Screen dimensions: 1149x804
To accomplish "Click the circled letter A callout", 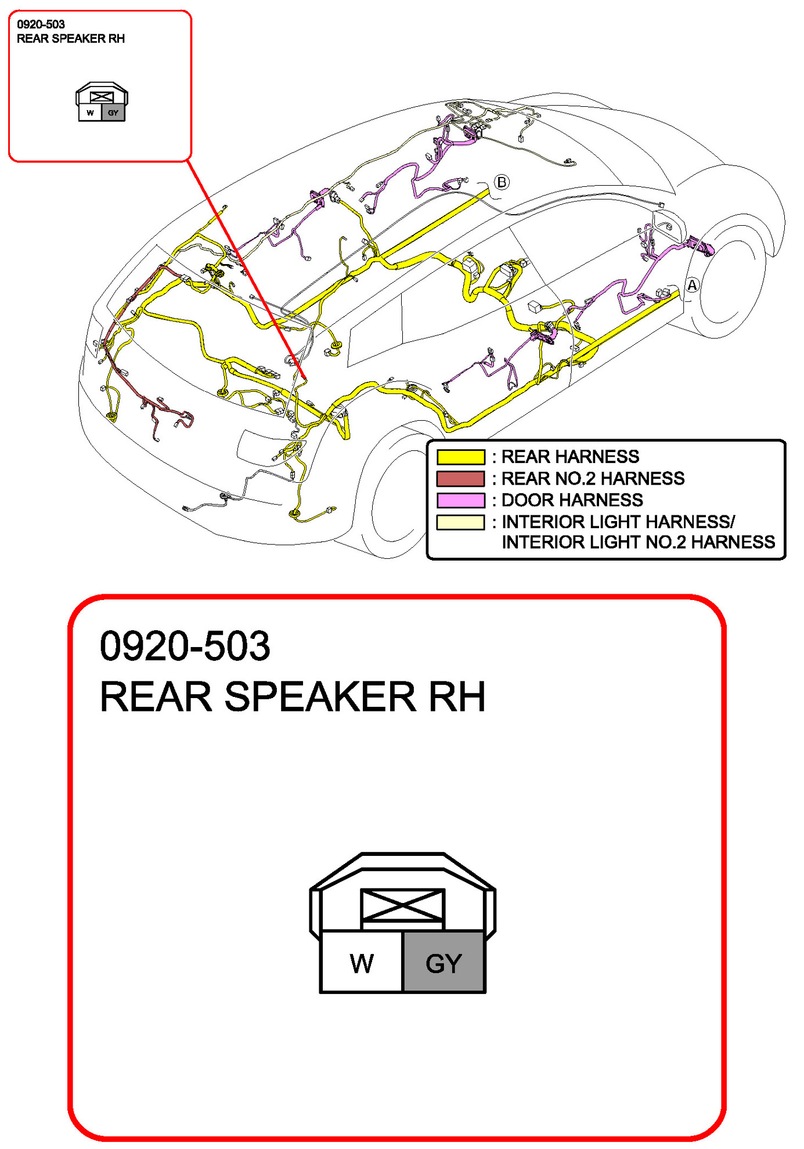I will (x=692, y=286).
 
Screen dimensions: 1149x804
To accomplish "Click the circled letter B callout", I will (x=502, y=182).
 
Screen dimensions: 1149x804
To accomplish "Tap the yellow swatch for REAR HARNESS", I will (x=460, y=457).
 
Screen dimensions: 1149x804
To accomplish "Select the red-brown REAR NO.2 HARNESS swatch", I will (x=460, y=479).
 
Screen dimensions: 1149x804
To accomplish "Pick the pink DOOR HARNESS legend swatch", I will (x=460, y=500).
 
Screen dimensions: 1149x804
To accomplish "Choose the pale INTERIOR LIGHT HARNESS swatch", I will (x=460, y=522).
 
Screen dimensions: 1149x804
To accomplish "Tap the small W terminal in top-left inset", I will (x=90, y=113).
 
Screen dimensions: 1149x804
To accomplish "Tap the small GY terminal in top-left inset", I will (x=113, y=113).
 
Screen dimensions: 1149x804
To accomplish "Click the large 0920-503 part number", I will (x=185, y=646).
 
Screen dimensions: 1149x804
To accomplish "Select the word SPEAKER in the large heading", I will (x=320, y=696).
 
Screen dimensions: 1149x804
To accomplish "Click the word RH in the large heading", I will (x=456, y=696).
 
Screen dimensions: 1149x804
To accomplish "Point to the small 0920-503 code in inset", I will (x=41, y=24).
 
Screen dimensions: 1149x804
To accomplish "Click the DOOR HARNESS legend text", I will (x=572, y=500).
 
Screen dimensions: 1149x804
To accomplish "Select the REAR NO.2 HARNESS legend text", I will (x=593, y=479).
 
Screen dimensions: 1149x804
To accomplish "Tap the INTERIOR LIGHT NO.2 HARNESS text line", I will (x=638, y=543).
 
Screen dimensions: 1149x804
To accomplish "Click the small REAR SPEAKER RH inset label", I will (x=71, y=39).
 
